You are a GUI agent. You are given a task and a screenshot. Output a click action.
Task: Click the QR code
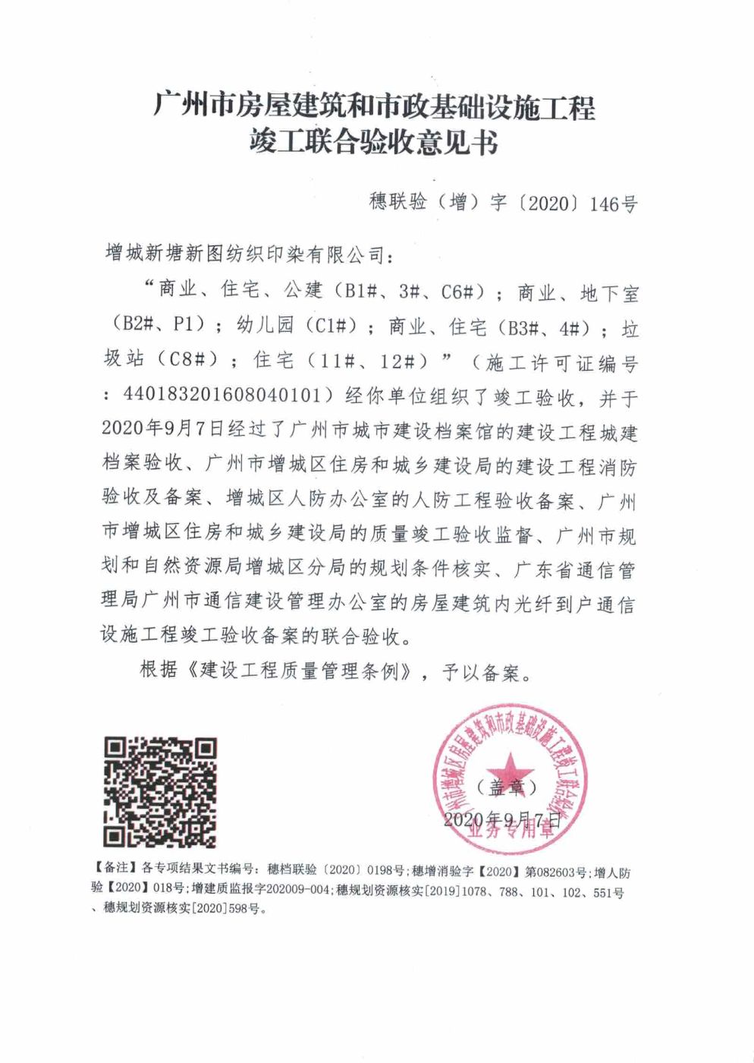[160, 793]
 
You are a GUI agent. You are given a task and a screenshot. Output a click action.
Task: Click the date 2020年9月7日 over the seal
[501, 820]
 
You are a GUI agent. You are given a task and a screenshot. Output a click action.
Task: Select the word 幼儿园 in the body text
[265, 325]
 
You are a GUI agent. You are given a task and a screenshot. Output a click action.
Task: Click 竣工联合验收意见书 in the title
[374, 142]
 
